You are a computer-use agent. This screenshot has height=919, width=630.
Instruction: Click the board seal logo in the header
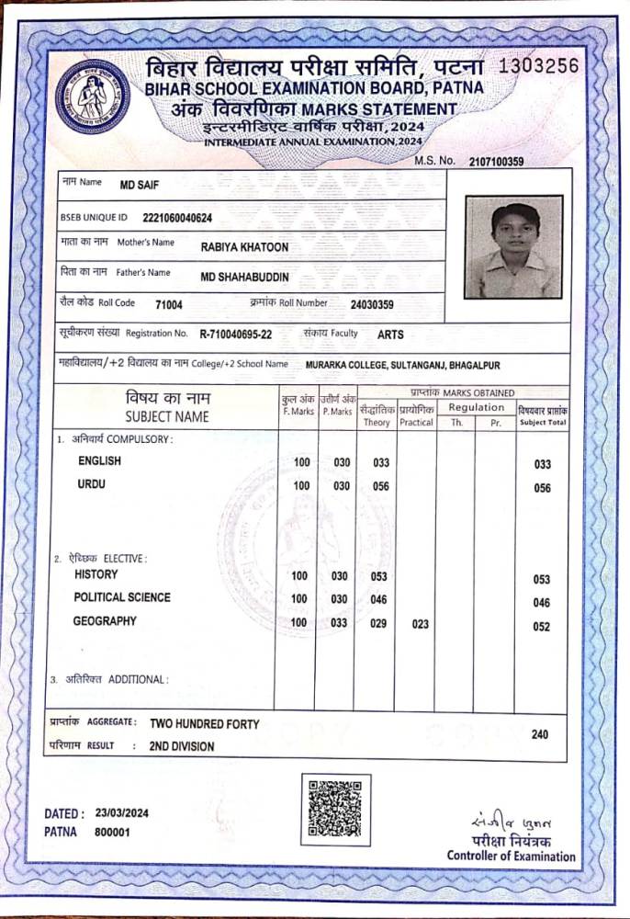pyautogui.click(x=93, y=96)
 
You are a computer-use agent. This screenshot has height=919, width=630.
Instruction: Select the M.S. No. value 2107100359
pyautogui.click(x=496, y=162)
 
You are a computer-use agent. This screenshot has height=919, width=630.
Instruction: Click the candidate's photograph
pyautogui.click(x=513, y=247)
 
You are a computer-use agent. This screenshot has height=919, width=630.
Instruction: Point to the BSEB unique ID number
pyautogui.click(x=178, y=218)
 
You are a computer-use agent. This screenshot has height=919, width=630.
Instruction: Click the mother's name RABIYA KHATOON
pyautogui.click(x=244, y=246)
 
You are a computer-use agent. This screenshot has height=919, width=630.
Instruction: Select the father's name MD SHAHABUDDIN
pyautogui.click(x=244, y=277)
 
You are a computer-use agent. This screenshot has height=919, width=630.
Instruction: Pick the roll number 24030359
pyautogui.click(x=372, y=305)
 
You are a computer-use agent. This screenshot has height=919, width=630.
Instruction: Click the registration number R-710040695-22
pyautogui.click(x=235, y=335)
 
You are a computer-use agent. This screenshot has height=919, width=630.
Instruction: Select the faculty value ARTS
pyautogui.click(x=390, y=335)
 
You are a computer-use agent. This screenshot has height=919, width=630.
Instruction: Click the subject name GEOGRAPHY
pyautogui.click(x=105, y=621)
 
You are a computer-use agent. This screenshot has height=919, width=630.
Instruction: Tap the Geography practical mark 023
pyautogui.click(x=420, y=625)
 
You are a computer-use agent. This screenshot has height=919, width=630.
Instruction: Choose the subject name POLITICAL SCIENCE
pyautogui.click(x=122, y=597)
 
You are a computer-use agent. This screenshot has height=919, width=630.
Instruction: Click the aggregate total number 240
pyautogui.click(x=540, y=734)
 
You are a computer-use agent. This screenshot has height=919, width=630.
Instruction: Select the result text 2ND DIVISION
pyautogui.click(x=182, y=747)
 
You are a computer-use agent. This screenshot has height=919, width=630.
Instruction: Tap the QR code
pyautogui.click(x=334, y=809)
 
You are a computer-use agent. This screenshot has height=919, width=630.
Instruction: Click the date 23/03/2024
pyautogui.click(x=121, y=813)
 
